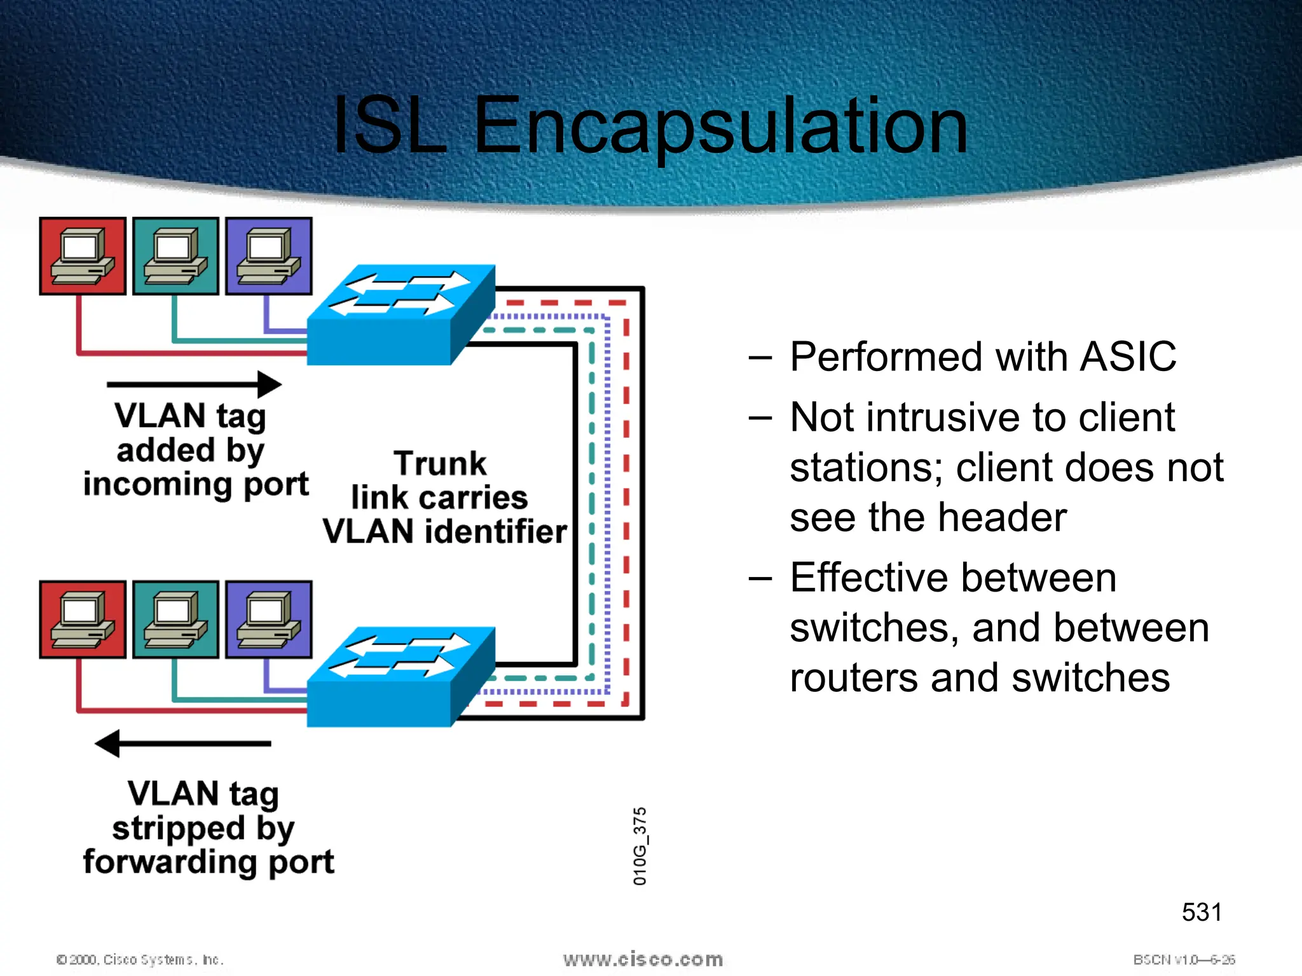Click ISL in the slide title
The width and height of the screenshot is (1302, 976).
pyautogui.click(x=389, y=125)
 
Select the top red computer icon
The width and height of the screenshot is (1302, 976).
pyautogui.click(x=83, y=256)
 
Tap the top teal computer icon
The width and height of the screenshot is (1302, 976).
pyautogui.click(x=175, y=256)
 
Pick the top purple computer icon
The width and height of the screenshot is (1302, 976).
pyautogui.click(x=268, y=256)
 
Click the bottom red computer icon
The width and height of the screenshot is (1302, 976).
pyautogui.click(x=83, y=620)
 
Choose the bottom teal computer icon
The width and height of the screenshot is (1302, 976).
pyautogui.click(x=175, y=620)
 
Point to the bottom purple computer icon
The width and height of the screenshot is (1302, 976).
pyautogui.click(x=268, y=620)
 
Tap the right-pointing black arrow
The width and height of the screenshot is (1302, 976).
pyautogui.click(x=195, y=384)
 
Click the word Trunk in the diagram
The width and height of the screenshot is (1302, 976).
pyautogui.click(x=440, y=463)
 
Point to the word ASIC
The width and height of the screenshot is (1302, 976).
pyautogui.click(x=1128, y=356)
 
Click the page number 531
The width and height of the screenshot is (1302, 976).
pyautogui.click(x=1201, y=912)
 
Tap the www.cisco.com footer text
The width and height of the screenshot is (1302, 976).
pyautogui.click(x=643, y=959)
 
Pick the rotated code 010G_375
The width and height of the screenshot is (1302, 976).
pyautogui.click(x=640, y=846)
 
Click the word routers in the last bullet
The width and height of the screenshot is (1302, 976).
pyautogui.click(x=854, y=677)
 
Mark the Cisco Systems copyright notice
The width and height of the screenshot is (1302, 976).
pyautogui.click(x=140, y=959)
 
